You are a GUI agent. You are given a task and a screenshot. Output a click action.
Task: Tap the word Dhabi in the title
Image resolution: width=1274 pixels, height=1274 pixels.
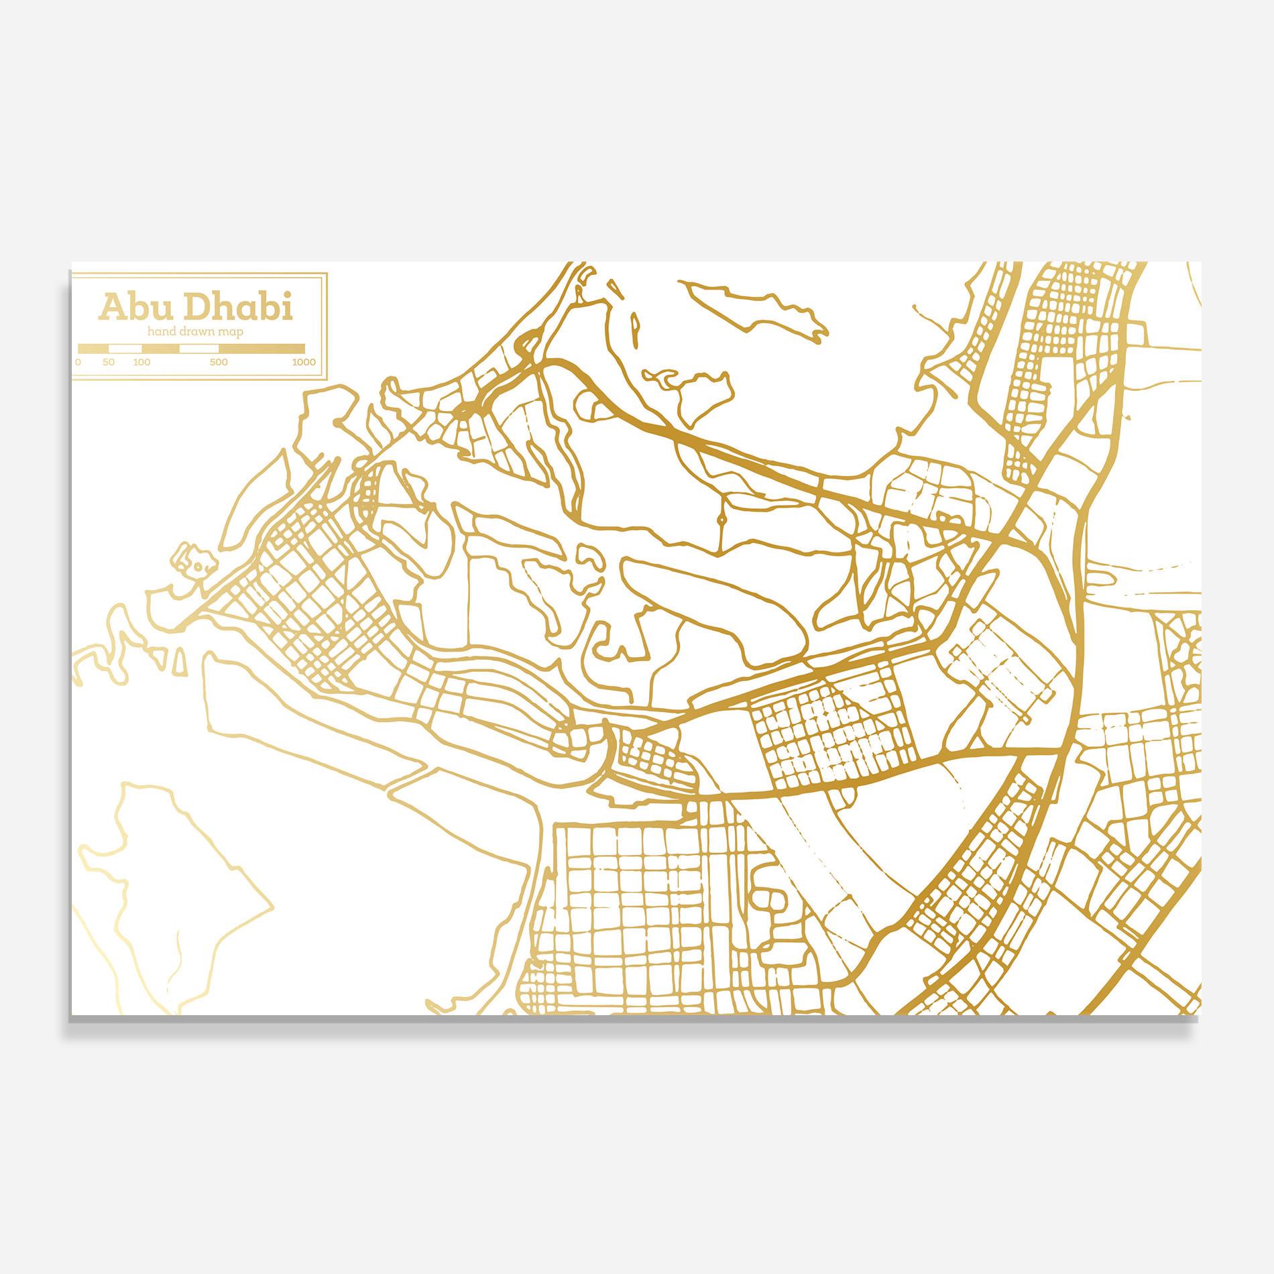point(237,308)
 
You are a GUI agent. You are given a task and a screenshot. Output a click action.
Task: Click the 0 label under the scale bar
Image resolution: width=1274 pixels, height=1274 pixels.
point(78,362)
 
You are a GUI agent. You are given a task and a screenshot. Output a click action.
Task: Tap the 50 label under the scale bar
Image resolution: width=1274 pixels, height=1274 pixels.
point(109,362)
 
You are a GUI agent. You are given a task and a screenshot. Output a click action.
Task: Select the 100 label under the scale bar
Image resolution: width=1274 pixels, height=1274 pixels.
point(141,362)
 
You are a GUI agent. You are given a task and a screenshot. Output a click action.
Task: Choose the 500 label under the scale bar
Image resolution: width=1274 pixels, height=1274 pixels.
point(219,362)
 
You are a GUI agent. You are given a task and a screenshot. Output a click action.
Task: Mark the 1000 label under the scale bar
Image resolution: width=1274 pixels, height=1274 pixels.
point(304,362)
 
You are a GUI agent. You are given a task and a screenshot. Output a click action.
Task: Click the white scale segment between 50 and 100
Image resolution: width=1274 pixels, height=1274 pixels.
point(125,349)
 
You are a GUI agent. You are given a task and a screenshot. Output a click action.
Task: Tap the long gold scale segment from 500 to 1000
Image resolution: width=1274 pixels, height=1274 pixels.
point(262,349)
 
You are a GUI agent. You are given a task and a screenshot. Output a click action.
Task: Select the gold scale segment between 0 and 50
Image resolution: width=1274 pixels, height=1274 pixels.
point(94,349)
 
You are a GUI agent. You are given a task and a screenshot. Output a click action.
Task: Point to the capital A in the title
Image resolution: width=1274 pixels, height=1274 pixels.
point(111,308)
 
